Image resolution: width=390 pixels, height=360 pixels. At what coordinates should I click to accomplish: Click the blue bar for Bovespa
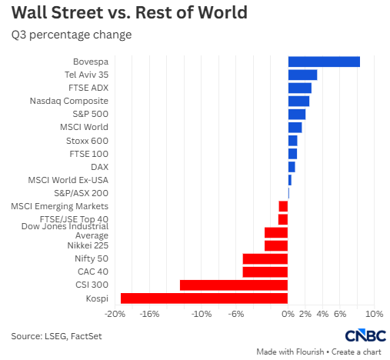coord(324,62)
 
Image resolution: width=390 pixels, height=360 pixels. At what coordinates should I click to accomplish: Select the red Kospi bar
coord(204,298)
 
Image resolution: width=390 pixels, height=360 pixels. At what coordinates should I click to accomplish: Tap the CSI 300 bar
coord(234,285)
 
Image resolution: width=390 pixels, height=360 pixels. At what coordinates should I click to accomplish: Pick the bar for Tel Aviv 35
coord(302,75)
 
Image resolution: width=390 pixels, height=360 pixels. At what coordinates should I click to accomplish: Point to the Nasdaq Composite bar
coord(298,101)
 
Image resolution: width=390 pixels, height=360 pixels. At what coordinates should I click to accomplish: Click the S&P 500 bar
coord(297,115)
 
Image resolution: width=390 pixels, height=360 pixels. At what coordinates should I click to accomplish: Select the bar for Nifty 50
coord(265,258)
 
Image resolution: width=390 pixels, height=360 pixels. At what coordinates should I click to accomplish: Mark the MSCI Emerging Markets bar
coord(283,206)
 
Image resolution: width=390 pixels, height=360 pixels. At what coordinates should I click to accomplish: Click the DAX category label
coord(99,167)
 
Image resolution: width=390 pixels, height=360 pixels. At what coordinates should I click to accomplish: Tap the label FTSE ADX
coord(88,88)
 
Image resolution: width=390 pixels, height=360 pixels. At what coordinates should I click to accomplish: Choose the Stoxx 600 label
coord(87,141)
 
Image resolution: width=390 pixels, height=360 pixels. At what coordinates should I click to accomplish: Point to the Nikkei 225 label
coord(88,245)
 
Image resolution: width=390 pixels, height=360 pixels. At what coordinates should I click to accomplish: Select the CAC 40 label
coord(93,272)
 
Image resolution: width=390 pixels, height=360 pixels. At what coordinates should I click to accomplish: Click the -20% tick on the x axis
coord(115,314)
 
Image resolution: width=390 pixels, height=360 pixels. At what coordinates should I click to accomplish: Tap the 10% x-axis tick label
coord(374,314)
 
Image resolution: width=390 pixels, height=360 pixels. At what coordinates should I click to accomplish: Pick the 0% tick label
coord(288,314)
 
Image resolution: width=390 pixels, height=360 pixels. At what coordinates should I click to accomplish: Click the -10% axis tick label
coord(202,314)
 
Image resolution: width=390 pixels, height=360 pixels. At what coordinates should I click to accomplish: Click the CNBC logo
coord(365,335)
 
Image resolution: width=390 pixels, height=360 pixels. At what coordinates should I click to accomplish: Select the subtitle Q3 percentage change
coord(72,35)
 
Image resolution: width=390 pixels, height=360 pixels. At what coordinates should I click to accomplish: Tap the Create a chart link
coord(356,352)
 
